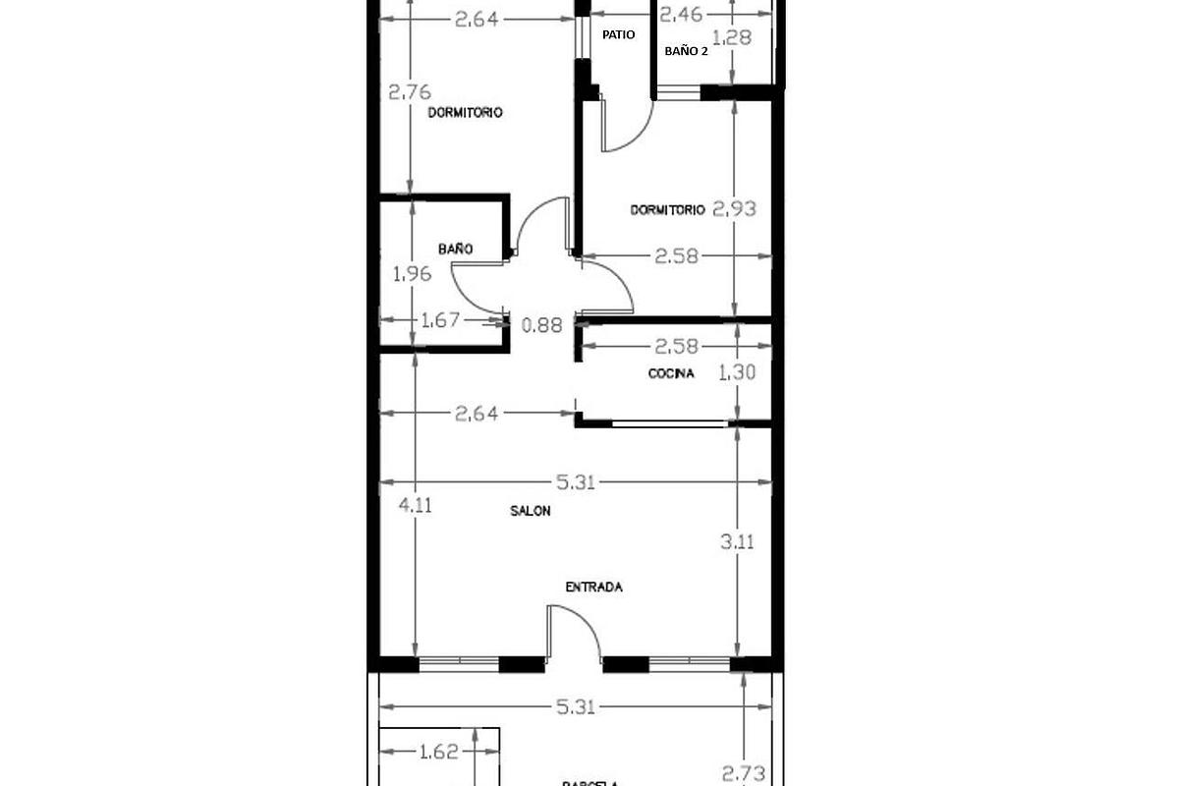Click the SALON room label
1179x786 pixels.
[x=530, y=511]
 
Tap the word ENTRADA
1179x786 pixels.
[x=593, y=588]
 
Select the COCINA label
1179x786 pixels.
[x=671, y=373]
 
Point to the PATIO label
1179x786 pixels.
[x=618, y=34]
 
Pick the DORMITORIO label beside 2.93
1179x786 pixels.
[x=667, y=209]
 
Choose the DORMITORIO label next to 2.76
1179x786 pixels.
[x=465, y=113]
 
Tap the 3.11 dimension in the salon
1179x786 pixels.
[x=737, y=540]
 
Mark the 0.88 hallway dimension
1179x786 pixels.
[x=543, y=325]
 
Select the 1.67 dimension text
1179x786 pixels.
[x=440, y=319]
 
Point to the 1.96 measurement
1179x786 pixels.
[x=412, y=275]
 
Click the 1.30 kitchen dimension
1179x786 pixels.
[x=737, y=373]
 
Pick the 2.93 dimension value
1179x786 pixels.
[x=735, y=209]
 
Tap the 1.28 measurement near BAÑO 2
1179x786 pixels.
[x=731, y=38]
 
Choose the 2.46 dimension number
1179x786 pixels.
[x=680, y=15]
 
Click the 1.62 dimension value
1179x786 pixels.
[x=438, y=753]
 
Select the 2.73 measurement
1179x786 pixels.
[x=743, y=773]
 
